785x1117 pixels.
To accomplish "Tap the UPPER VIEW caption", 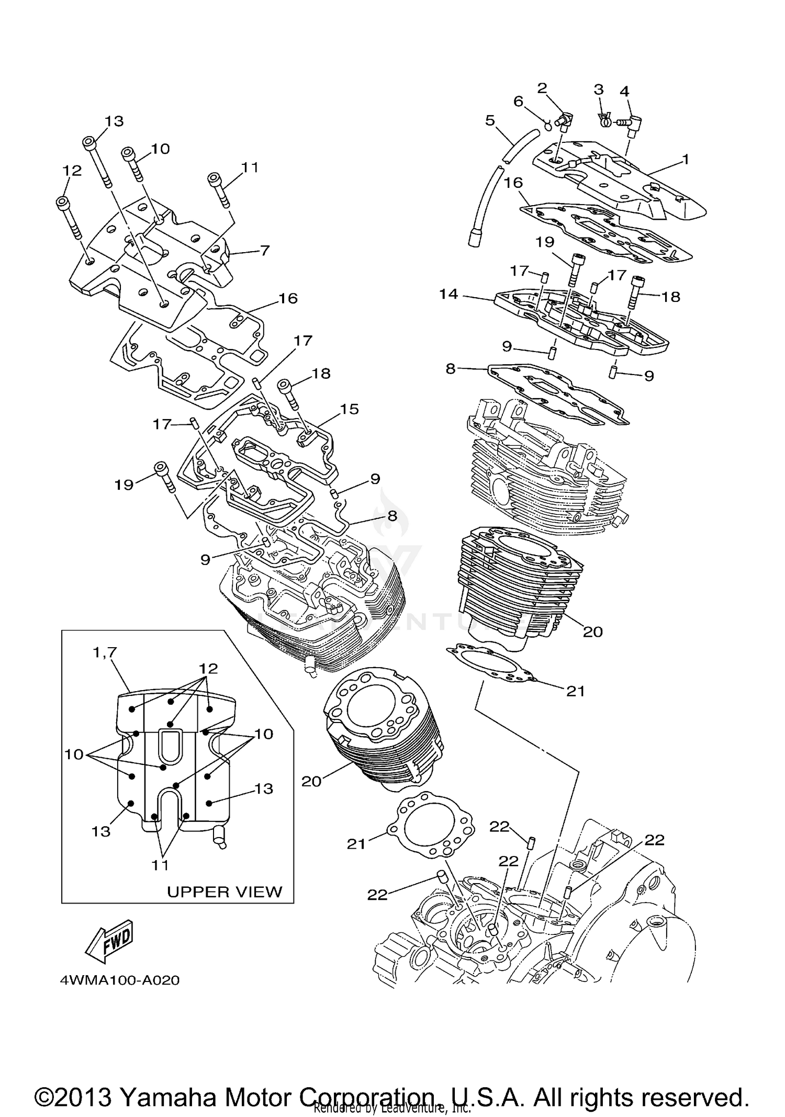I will pos(225,892).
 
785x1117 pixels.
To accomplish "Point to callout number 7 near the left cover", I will pos(265,251).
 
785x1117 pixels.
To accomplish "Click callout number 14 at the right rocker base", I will pos(448,294).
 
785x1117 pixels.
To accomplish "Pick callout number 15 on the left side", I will pos(349,409).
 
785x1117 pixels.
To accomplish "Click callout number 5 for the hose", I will pos(490,121).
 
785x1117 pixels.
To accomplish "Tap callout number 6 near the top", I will pos(518,101).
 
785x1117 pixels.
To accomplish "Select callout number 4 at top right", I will pos(624,91).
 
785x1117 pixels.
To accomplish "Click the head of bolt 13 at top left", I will pos(88,141).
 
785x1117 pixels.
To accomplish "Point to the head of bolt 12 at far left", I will pos(62,202).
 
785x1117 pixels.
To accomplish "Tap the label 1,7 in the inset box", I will pos(105,652).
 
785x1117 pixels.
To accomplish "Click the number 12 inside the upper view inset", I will pos(208,668).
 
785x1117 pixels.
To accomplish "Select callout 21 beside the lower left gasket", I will pos(356,844).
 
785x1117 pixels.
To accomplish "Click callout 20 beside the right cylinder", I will pos(593,632).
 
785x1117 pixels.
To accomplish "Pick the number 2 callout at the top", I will pos(542,88).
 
